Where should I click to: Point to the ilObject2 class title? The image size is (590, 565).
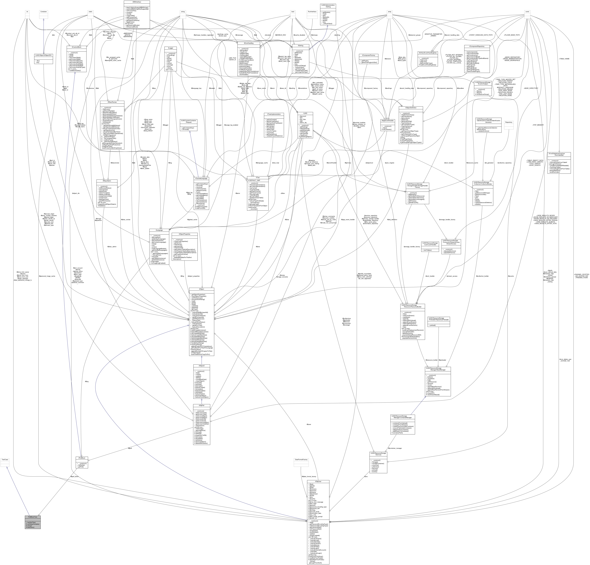[201, 366]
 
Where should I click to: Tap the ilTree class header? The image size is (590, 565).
[258, 178]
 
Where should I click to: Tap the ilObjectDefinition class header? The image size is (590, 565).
[411, 107]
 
